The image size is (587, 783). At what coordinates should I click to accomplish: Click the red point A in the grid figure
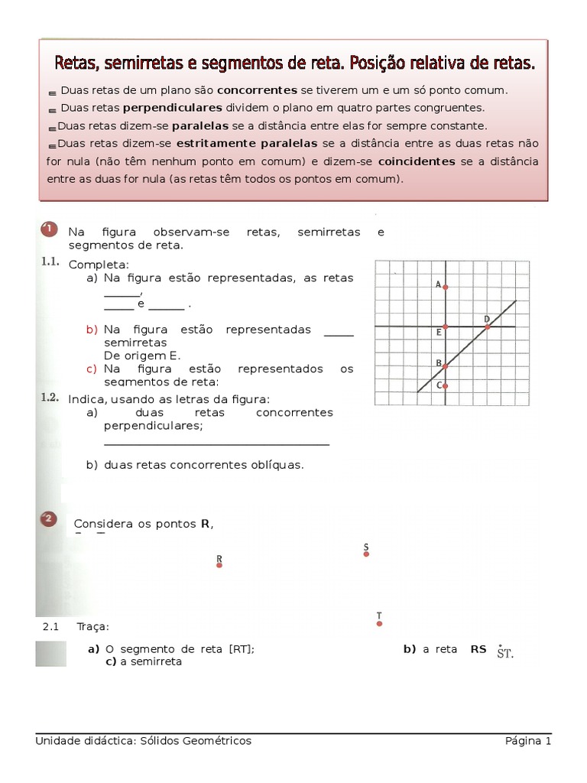point(446,288)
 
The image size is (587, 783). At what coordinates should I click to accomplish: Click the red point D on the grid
point(488,327)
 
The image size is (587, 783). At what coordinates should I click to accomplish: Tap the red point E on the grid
point(446,327)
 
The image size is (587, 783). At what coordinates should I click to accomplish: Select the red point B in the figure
point(446,366)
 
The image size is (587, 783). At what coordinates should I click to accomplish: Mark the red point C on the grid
point(446,385)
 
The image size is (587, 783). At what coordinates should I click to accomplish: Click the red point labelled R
point(219,566)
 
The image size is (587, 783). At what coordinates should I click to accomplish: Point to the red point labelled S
point(366,554)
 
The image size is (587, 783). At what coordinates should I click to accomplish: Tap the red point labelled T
point(379,623)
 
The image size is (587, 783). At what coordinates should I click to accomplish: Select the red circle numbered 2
point(47,520)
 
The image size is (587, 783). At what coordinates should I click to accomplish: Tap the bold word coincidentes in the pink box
point(417,161)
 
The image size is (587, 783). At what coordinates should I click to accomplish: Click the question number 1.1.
point(50,262)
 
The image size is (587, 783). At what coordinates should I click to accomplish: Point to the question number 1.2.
point(50,398)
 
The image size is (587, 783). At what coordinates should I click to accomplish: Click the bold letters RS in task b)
point(478,649)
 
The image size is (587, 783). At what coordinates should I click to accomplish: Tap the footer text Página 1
point(527,741)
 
